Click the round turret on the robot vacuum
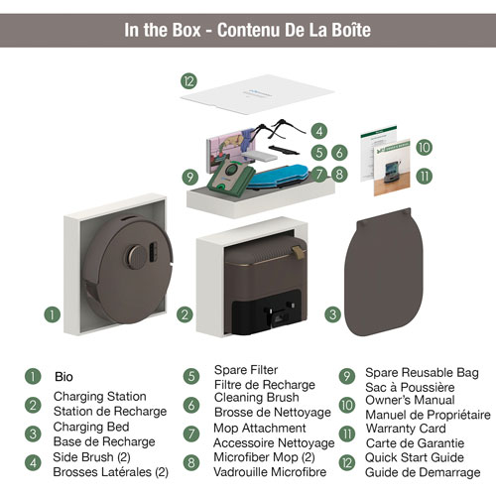(136, 257)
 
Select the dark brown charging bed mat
(384, 272)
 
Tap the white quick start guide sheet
(257, 94)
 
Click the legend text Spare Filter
(246, 370)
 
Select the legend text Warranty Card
(406, 429)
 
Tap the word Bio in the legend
(63, 377)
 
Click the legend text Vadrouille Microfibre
(270, 472)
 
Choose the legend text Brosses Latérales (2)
(111, 472)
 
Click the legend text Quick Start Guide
(415, 457)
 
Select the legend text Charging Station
(100, 396)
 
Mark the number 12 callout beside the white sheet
(188, 81)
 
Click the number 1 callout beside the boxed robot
(53, 314)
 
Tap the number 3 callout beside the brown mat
(332, 314)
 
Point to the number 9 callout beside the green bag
(190, 178)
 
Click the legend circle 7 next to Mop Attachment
(191, 434)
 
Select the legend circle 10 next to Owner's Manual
(347, 405)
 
